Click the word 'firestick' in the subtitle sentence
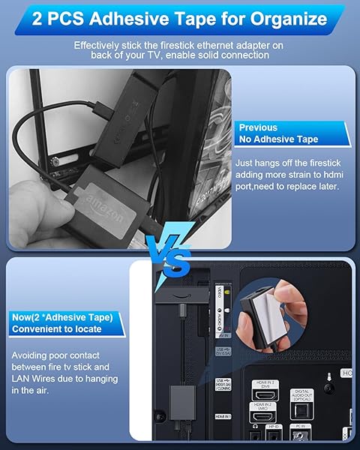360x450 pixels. (x=183, y=46)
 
